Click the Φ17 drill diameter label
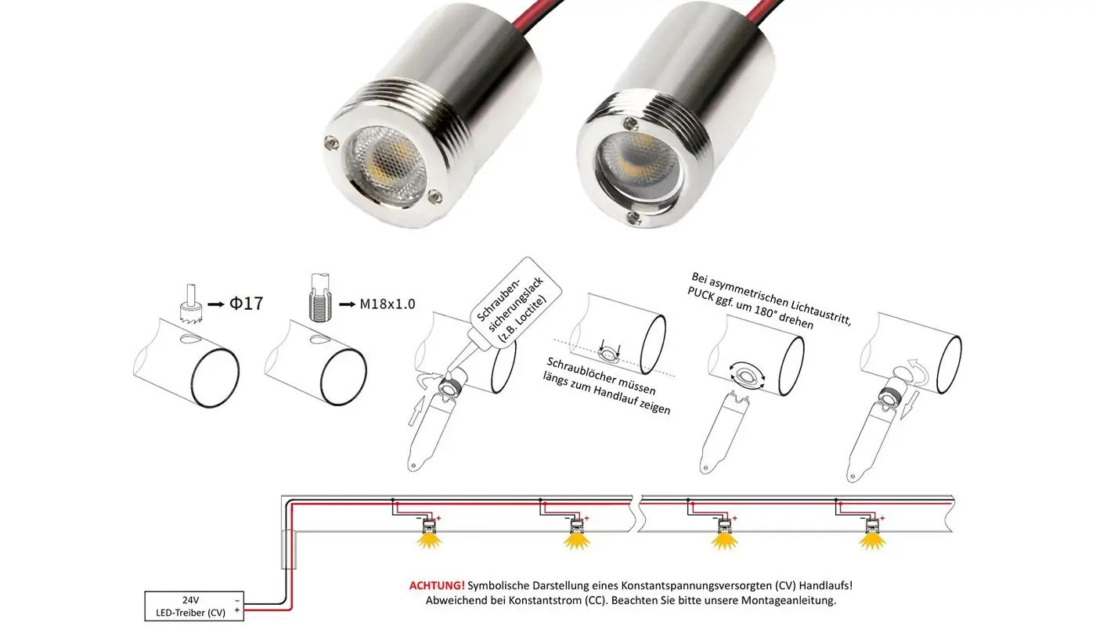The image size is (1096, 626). click(247, 303)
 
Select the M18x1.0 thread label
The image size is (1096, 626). click(387, 304)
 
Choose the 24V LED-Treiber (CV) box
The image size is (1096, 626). click(194, 606)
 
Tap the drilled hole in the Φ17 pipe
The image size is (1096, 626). click(189, 339)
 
